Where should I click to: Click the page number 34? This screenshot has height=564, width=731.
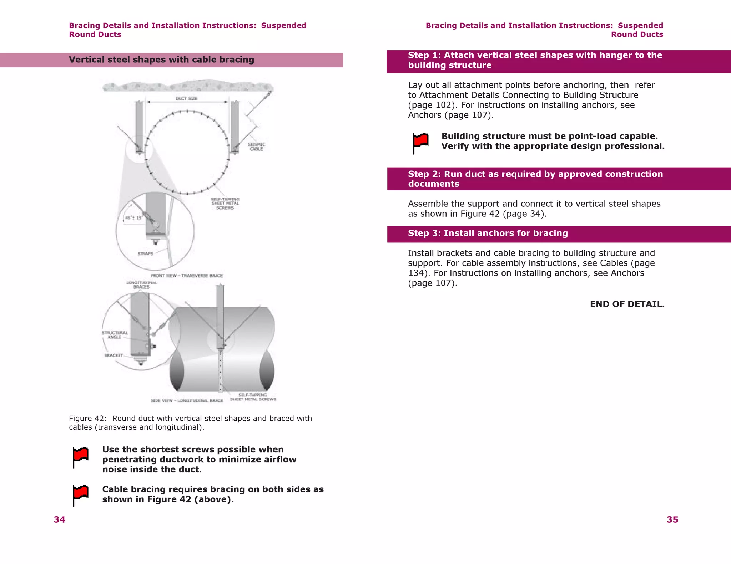(x=60, y=519)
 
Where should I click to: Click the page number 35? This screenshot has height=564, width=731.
(x=672, y=519)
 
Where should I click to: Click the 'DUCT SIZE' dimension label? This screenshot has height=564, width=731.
(x=186, y=99)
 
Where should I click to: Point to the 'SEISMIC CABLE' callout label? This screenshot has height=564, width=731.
(x=256, y=147)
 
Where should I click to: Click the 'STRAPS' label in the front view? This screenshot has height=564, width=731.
(x=145, y=254)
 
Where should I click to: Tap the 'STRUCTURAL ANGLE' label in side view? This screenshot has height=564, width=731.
(x=115, y=335)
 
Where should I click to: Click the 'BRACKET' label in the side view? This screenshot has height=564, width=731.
(x=114, y=355)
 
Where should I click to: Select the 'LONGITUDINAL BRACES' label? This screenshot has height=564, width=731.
(x=141, y=284)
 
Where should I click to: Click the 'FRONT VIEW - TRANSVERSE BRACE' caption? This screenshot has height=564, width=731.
(x=187, y=276)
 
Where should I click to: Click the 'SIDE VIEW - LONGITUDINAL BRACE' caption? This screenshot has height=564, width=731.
(x=187, y=401)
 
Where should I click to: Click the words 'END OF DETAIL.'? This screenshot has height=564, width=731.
(x=627, y=304)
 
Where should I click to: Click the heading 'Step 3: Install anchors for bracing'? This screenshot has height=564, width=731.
(x=488, y=233)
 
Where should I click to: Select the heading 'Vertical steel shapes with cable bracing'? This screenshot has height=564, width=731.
(x=161, y=60)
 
